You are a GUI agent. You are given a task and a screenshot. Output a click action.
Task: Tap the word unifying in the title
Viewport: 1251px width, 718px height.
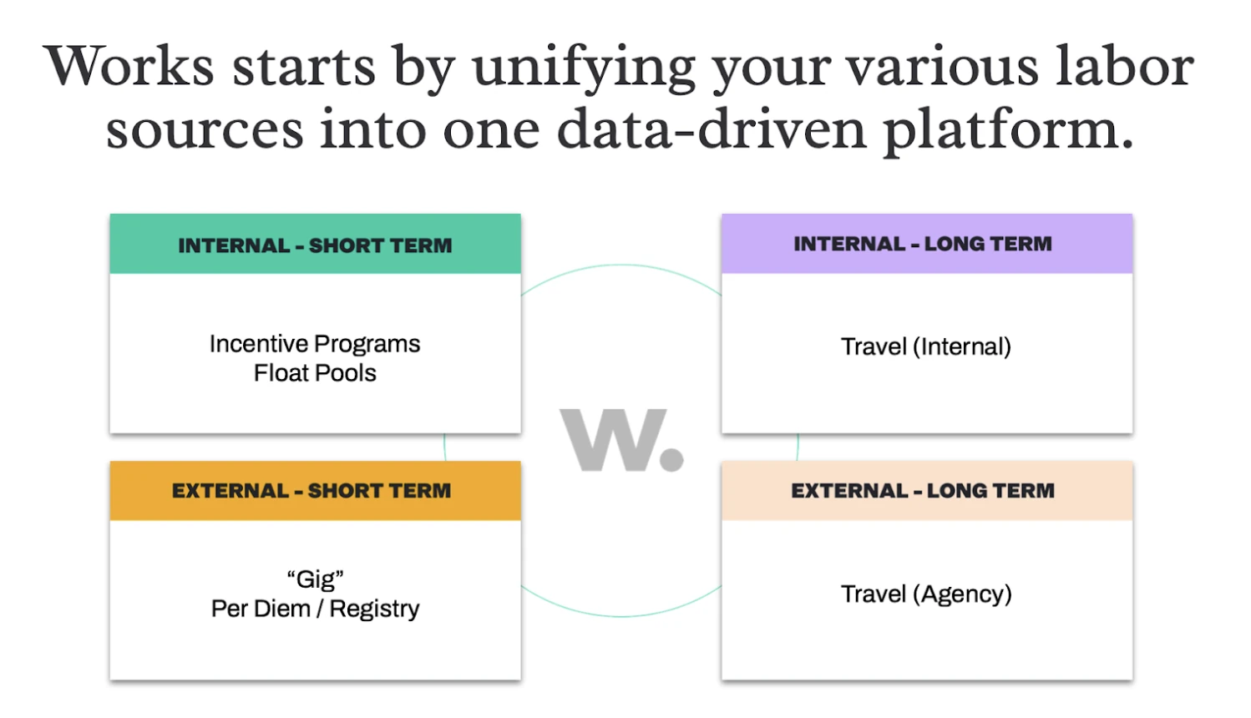[x=585, y=71]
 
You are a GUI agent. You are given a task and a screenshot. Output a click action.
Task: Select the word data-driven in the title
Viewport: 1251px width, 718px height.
[x=712, y=129]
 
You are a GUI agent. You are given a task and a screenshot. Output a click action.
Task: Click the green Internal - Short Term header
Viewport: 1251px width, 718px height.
[x=316, y=244]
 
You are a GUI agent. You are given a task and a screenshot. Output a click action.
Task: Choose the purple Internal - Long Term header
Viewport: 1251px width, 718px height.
[x=927, y=244]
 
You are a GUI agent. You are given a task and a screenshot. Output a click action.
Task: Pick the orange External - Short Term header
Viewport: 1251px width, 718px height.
[x=316, y=491]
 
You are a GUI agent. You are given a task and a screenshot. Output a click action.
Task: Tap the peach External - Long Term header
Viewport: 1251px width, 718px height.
[x=927, y=491]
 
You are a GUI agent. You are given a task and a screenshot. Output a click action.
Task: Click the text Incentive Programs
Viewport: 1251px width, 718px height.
[x=315, y=345]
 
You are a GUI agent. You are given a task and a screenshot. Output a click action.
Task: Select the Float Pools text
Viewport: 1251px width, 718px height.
[x=315, y=373]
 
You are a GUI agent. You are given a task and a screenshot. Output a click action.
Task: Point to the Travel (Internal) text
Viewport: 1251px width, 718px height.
[x=926, y=346]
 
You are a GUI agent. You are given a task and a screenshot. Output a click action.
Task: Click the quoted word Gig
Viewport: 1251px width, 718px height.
[x=316, y=580]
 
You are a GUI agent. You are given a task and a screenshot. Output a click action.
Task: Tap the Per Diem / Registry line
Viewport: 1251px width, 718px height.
[x=315, y=609]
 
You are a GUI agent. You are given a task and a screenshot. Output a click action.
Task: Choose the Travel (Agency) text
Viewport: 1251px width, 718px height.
[x=926, y=594]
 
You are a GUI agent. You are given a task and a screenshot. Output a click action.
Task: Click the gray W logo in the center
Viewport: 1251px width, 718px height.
[x=614, y=440]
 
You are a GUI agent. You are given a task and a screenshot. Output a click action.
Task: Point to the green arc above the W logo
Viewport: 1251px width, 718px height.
[x=621, y=265]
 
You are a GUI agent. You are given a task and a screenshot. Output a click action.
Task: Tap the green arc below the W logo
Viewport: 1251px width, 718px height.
[x=621, y=616]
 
